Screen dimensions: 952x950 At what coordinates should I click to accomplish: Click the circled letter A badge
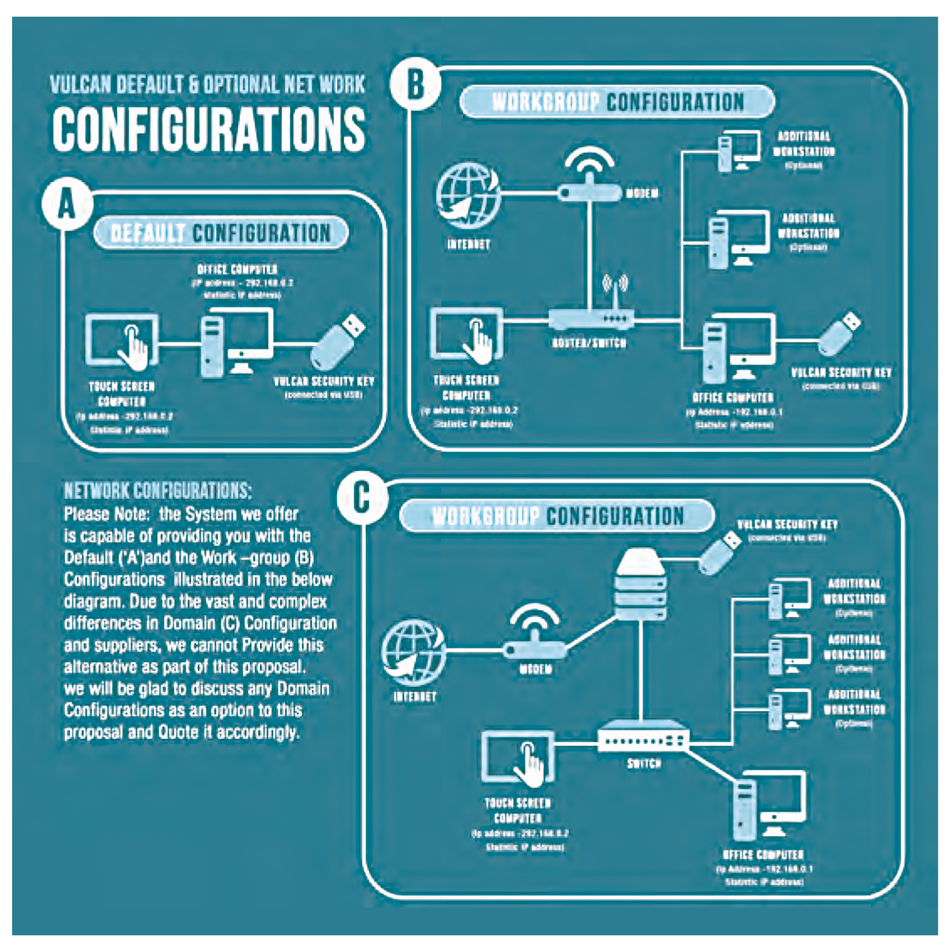[67, 204]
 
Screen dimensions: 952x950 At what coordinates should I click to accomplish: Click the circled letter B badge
[416, 85]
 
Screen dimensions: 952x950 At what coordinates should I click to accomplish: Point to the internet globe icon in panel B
[468, 196]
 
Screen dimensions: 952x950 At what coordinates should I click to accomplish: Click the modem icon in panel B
[589, 178]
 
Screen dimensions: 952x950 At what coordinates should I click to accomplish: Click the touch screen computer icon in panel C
[518, 758]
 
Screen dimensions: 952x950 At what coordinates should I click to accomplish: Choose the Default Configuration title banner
[221, 233]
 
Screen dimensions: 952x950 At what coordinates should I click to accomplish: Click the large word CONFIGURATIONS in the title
[209, 129]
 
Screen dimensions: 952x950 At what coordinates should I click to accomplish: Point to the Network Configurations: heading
[158, 491]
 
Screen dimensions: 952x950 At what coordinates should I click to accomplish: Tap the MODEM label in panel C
[535, 669]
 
